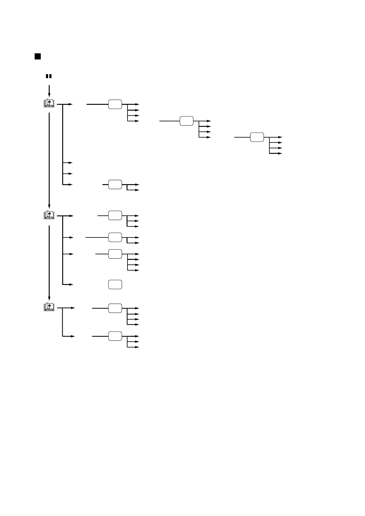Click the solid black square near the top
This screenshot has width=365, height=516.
point(37,56)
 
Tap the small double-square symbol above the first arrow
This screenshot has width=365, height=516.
point(48,76)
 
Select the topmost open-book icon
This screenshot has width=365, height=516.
point(49,103)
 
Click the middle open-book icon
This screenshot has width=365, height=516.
point(49,215)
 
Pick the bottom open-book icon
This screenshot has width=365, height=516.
point(49,307)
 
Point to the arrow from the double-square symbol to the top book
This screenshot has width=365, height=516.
point(49,90)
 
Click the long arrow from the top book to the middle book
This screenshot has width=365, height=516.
point(49,159)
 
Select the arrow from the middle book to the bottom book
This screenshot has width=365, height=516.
point(49,262)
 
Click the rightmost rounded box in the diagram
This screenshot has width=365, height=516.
point(257,137)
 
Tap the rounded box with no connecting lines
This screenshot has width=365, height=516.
point(115,284)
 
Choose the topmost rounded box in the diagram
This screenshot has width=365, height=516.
point(115,104)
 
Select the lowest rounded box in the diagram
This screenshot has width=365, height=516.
point(115,336)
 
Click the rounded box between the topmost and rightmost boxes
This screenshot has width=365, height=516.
point(186,121)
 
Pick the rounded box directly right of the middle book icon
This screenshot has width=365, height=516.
point(115,216)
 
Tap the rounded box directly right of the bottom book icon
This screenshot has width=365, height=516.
point(115,308)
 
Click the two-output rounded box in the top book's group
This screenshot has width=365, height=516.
point(115,185)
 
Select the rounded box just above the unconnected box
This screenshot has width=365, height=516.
point(115,254)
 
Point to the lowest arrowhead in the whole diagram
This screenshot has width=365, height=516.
point(137,347)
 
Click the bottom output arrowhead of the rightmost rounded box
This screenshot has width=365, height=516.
point(280,153)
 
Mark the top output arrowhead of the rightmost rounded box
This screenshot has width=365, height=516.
point(280,137)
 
